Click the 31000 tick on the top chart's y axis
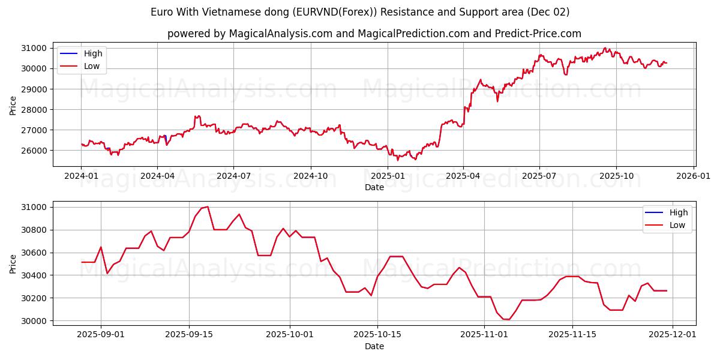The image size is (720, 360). point(35,48)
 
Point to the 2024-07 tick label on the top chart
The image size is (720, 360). point(233,176)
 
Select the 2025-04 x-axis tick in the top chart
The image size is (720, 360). point(463,176)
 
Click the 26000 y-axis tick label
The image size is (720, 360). point(35,151)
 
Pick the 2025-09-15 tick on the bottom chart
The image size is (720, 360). point(189,335)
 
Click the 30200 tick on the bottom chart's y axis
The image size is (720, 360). point(35,298)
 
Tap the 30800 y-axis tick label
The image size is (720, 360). point(35,230)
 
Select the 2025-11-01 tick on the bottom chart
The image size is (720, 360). point(484,335)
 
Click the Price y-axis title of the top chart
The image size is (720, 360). point(13,104)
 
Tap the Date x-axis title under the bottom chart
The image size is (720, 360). point(374,346)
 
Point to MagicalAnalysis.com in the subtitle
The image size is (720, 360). point(281,34)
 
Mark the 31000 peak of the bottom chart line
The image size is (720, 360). point(208,207)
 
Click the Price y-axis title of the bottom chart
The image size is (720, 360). point(13,263)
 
